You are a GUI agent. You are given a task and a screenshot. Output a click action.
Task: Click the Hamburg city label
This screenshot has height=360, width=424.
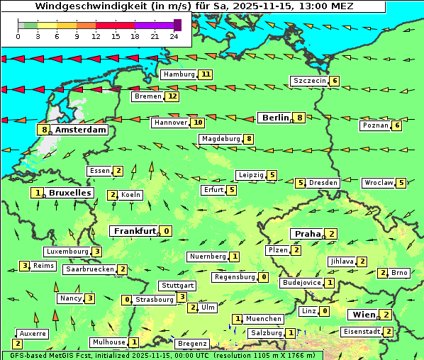(x=179, y=74)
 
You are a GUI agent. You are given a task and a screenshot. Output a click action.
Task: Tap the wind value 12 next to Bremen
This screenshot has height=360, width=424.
(x=172, y=96)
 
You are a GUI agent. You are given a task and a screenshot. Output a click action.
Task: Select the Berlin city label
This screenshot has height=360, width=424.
(x=274, y=118)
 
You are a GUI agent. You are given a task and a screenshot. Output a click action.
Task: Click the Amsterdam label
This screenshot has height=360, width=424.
(x=80, y=130)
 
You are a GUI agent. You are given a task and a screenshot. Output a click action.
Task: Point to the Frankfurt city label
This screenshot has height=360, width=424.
(x=135, y=231)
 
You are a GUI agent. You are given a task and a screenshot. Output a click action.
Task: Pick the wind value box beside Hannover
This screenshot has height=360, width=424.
(x=197, y=123)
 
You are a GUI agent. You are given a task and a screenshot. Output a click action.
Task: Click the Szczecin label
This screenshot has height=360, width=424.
(x=309, y=81)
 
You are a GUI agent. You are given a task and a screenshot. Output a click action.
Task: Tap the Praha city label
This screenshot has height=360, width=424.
(x=308, y=234)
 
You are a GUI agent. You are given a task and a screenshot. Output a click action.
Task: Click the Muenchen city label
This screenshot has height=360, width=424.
(x=263, y=319)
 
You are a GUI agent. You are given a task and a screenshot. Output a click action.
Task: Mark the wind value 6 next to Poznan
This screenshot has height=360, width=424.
(x=397, y=125)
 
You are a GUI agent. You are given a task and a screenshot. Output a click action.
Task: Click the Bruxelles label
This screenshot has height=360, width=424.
(x=70, y=193)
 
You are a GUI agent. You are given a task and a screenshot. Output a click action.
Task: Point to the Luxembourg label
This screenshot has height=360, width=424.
(x=67, y=252)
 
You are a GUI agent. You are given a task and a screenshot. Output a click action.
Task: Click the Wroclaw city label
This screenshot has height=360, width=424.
(x=379, y=183)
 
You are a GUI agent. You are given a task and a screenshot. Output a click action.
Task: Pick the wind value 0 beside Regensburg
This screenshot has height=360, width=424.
(x=264, y=277)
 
